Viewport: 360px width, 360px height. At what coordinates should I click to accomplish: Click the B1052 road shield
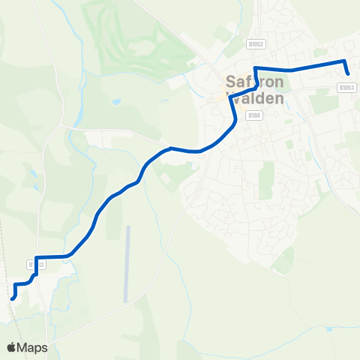point(256,45)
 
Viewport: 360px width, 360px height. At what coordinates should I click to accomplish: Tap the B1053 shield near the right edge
point(346,87)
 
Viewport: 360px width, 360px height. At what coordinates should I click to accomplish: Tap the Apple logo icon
point(11,347)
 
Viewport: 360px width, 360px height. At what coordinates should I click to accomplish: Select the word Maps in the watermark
point(33,347)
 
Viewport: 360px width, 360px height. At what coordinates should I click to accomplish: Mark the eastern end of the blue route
point(349,73)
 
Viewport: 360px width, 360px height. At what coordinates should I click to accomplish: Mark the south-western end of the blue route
point(12,298)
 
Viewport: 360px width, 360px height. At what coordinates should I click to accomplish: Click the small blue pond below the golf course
point(115,100)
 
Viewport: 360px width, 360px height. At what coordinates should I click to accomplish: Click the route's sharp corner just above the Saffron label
point(256,69)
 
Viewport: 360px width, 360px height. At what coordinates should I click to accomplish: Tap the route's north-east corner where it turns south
point(343,60)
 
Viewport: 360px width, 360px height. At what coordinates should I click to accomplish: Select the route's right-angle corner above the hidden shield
point(35,258)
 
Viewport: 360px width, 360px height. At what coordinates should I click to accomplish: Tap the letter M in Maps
point(25,347)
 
